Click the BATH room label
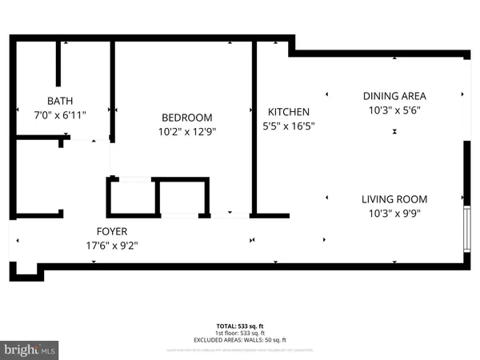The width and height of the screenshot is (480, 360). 60,101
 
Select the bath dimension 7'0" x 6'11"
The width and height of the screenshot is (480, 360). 60,114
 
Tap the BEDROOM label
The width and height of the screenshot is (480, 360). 186,117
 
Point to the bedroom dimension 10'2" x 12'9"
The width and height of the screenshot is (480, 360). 186,131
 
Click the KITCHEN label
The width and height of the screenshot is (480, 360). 288,112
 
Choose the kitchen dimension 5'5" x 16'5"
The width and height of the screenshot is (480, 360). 288,126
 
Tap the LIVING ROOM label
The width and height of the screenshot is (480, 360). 394,199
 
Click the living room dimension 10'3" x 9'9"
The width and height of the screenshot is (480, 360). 394,214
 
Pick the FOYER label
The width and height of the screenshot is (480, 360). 112,231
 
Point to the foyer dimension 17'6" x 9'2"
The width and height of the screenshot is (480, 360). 112,246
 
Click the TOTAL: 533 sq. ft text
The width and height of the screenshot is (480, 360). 240,326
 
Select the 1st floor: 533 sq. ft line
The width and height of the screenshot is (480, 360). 240,333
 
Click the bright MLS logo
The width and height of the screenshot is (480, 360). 30,350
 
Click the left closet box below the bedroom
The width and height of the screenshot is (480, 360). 132,198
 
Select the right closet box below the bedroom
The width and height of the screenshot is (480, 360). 182,198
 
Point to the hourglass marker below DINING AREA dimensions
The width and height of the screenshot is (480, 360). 394,131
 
